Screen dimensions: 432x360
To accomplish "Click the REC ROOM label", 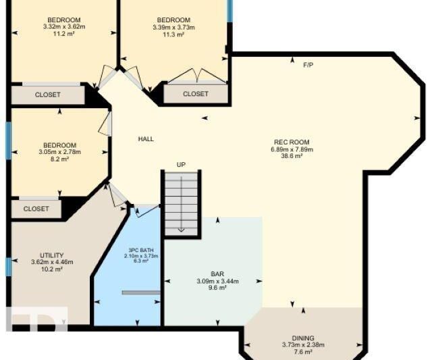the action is tap(292, 143).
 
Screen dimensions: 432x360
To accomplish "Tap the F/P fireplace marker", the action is tap(308, 65).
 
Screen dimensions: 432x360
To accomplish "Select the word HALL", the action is tap(146, 139).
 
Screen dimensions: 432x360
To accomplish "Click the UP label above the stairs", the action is tap(181, 165).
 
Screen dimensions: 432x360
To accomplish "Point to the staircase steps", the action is tap(182, 204).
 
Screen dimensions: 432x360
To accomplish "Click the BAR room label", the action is tap(217, 274).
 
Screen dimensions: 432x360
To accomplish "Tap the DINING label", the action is tap(303, 338).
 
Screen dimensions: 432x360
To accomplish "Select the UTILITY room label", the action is tap(52, 255).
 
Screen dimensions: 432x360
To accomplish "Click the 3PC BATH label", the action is tap(141, 251).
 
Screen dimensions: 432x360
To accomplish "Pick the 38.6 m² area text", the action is tap(292, 156).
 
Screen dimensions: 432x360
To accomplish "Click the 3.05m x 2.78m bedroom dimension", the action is tap(60, 152).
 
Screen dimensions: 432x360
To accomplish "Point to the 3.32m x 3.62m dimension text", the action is tap(64, 27).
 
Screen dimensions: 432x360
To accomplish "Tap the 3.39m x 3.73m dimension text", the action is tap(173, 27).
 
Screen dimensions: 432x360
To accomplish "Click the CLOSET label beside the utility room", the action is tap(36, 209).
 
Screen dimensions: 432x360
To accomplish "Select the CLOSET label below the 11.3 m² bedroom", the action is tap(196, 94).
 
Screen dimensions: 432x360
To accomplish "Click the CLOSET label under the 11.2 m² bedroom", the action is tap(47, 95).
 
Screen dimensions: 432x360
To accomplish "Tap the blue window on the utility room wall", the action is tap(9, 267).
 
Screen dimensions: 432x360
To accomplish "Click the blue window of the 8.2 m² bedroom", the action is tap(9, 140).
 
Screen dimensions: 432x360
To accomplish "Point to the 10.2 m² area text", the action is tap(52, 269).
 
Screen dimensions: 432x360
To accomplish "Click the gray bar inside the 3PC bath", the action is tap(141, 292).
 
